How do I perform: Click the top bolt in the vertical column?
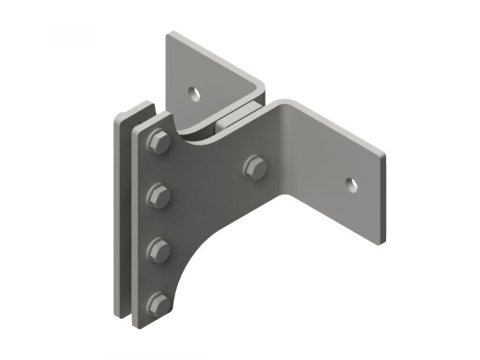point(158,142)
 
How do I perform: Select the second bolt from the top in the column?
point(158,195)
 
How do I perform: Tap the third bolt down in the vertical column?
point(158,250)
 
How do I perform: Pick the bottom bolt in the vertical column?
point(158,304)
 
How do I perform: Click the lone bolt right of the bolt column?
point(254,166)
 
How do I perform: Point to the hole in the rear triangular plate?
point(194,93)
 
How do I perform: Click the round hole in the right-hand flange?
point(351,183)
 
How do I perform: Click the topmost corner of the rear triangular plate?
point(171,33)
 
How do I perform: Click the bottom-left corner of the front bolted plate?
point(137,325)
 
